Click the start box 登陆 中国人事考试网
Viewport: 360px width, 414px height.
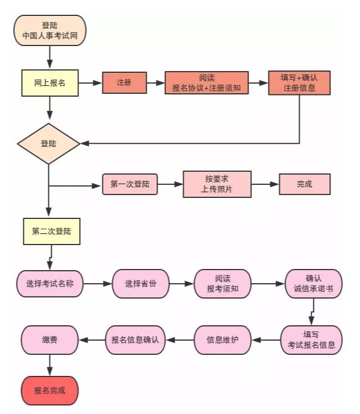pyautogui.click(x=50, y=31)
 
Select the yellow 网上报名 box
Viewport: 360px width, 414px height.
pyautogui.click(x=50, y=83)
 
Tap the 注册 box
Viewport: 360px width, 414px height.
pyautogui.click(x=124, y=83)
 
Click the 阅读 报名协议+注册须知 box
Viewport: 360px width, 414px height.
pyautogui.click(x=206, y=83)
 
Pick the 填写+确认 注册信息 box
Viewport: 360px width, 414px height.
pyautogui.click(x=299, y=83)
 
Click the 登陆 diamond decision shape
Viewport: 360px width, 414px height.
pyautogui.click(x=49, y=143)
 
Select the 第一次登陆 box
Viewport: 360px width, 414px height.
pyautogui.click(x=130, y=184)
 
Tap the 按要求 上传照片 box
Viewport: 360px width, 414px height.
pyautogui.click(x=217, y=184)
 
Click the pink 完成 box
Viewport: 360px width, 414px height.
pyautogui.click(x=304, y=184)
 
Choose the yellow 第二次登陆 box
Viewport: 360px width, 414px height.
pyautogui.click(x=52, y=231)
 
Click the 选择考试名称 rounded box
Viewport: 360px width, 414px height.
pyautogui.click(x=50, y=283)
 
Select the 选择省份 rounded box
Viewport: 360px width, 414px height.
pyautogui.click(x=141, y=283)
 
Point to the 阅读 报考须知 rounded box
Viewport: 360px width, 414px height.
pyautogui.click(x=222, y=283)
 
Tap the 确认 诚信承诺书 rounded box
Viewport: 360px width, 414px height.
pyautogui.click(x=313, y=283)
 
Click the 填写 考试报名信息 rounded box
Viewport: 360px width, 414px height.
pyautogui.click(x=312, y=340)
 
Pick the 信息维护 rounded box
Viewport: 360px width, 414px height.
pyautogui.click(x=223, y=340)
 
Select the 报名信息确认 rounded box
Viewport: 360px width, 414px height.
pyautogui.click(x=135, y=340)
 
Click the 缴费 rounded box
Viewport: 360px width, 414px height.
pyautogui.click(x=50, y=340)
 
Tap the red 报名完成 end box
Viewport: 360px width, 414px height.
pyautogui.click(x=50, y=391)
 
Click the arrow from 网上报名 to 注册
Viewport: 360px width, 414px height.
pyautogui.click(x=90, y=83)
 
